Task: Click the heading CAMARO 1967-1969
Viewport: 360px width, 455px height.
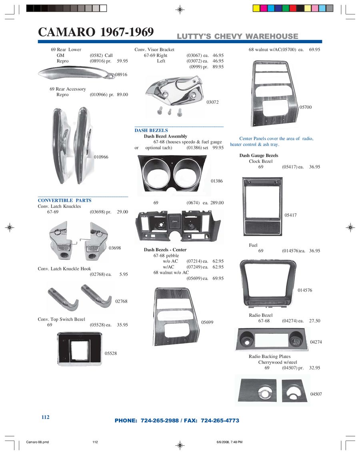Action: pyautogui.click(x=96, y=32)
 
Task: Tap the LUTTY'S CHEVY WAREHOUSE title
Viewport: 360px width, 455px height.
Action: pyautogui.click(x=238, y=36)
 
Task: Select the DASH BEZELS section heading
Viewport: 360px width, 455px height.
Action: pyautogui.click(x=151, y=130)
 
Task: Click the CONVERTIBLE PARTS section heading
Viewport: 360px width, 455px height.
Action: pyautogui.click(x=64, y=200)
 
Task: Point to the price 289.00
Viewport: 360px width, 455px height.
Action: pyautogui.click(x=217, y=203)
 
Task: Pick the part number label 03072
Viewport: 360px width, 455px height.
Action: pyautogui.click(x=213, y=102)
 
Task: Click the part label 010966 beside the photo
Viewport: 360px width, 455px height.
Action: pyautogui.click(x=101, y=157)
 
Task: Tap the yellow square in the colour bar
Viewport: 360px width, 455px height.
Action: pyautogui.click(x=256, y=8)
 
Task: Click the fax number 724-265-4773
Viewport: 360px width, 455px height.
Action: pyautogui.click(x=220, y=421)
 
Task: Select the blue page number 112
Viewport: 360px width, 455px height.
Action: pyautogui.click(x=46, y=417)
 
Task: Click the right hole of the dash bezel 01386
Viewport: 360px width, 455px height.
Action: pyautogui.click(x=186, y=174)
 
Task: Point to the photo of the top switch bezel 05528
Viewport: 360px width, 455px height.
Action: pyautogui.click(x=80, y=349)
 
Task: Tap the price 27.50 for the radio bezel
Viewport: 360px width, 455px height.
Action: pyautogui.click(x=315, y=321)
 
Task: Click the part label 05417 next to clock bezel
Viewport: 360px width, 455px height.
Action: pyautogui.click(x=290, y=215)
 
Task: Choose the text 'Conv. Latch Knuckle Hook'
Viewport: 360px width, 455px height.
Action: pyautogui.click(x=64, y=269)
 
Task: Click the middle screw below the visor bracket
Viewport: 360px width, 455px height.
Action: pyautogui.click(x=170, y=112)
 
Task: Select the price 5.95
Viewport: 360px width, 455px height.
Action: pyautogui.click(x=124, y=274)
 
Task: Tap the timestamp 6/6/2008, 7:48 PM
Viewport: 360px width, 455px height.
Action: pyautogui.click(x=230, y=442)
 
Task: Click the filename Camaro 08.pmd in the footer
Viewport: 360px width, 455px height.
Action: pyautogui.click(x=38, y=442)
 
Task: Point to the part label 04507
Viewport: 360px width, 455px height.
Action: pyautogui.click(x=316, y=394)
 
